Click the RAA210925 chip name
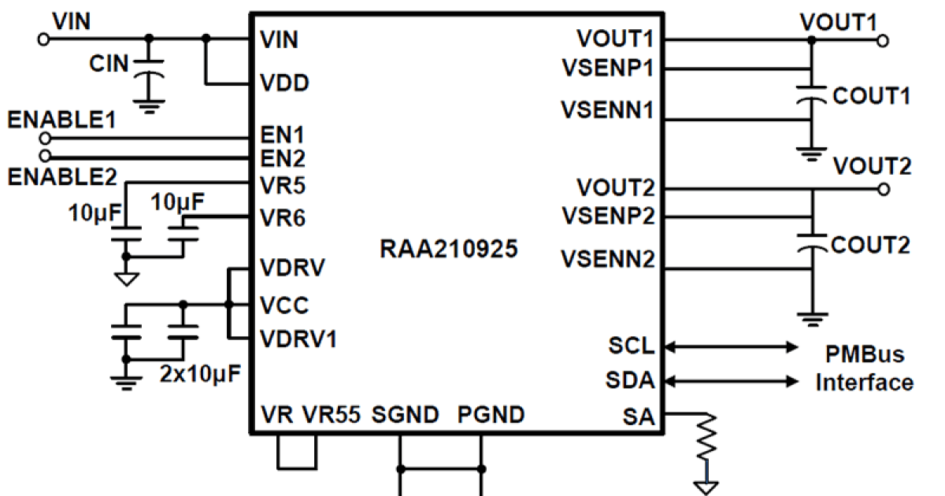pos(449,250)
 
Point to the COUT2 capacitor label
pos(872,245)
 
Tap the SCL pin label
pos(631,346)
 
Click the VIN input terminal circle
pos(43,38)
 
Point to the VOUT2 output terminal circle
pos(884,190)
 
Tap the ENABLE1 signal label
pos(61,120)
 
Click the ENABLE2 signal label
pos(61,177)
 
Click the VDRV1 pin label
pos(298,339)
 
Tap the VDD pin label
pos(284,83)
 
